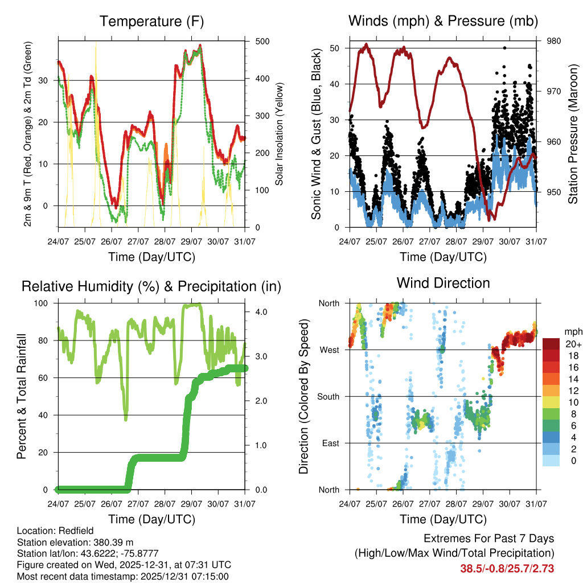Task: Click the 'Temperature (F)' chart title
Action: [x=151, y=22]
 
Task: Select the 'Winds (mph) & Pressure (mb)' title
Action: [x=443, y=22]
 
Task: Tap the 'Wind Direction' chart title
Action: [x=443, y=282]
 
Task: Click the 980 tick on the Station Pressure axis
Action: [x=553, y=41]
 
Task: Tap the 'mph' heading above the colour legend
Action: [x=572, y=331]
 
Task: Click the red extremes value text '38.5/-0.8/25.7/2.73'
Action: [x=507, y=568]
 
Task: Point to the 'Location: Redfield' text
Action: [x=51, y=531]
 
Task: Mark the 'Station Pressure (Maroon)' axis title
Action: [x=573, y=134]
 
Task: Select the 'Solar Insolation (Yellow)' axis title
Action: [x=280, y=134]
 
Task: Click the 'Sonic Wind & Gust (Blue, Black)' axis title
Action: [x=317, y=134]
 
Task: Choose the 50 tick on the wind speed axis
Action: [x=332, y=48]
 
